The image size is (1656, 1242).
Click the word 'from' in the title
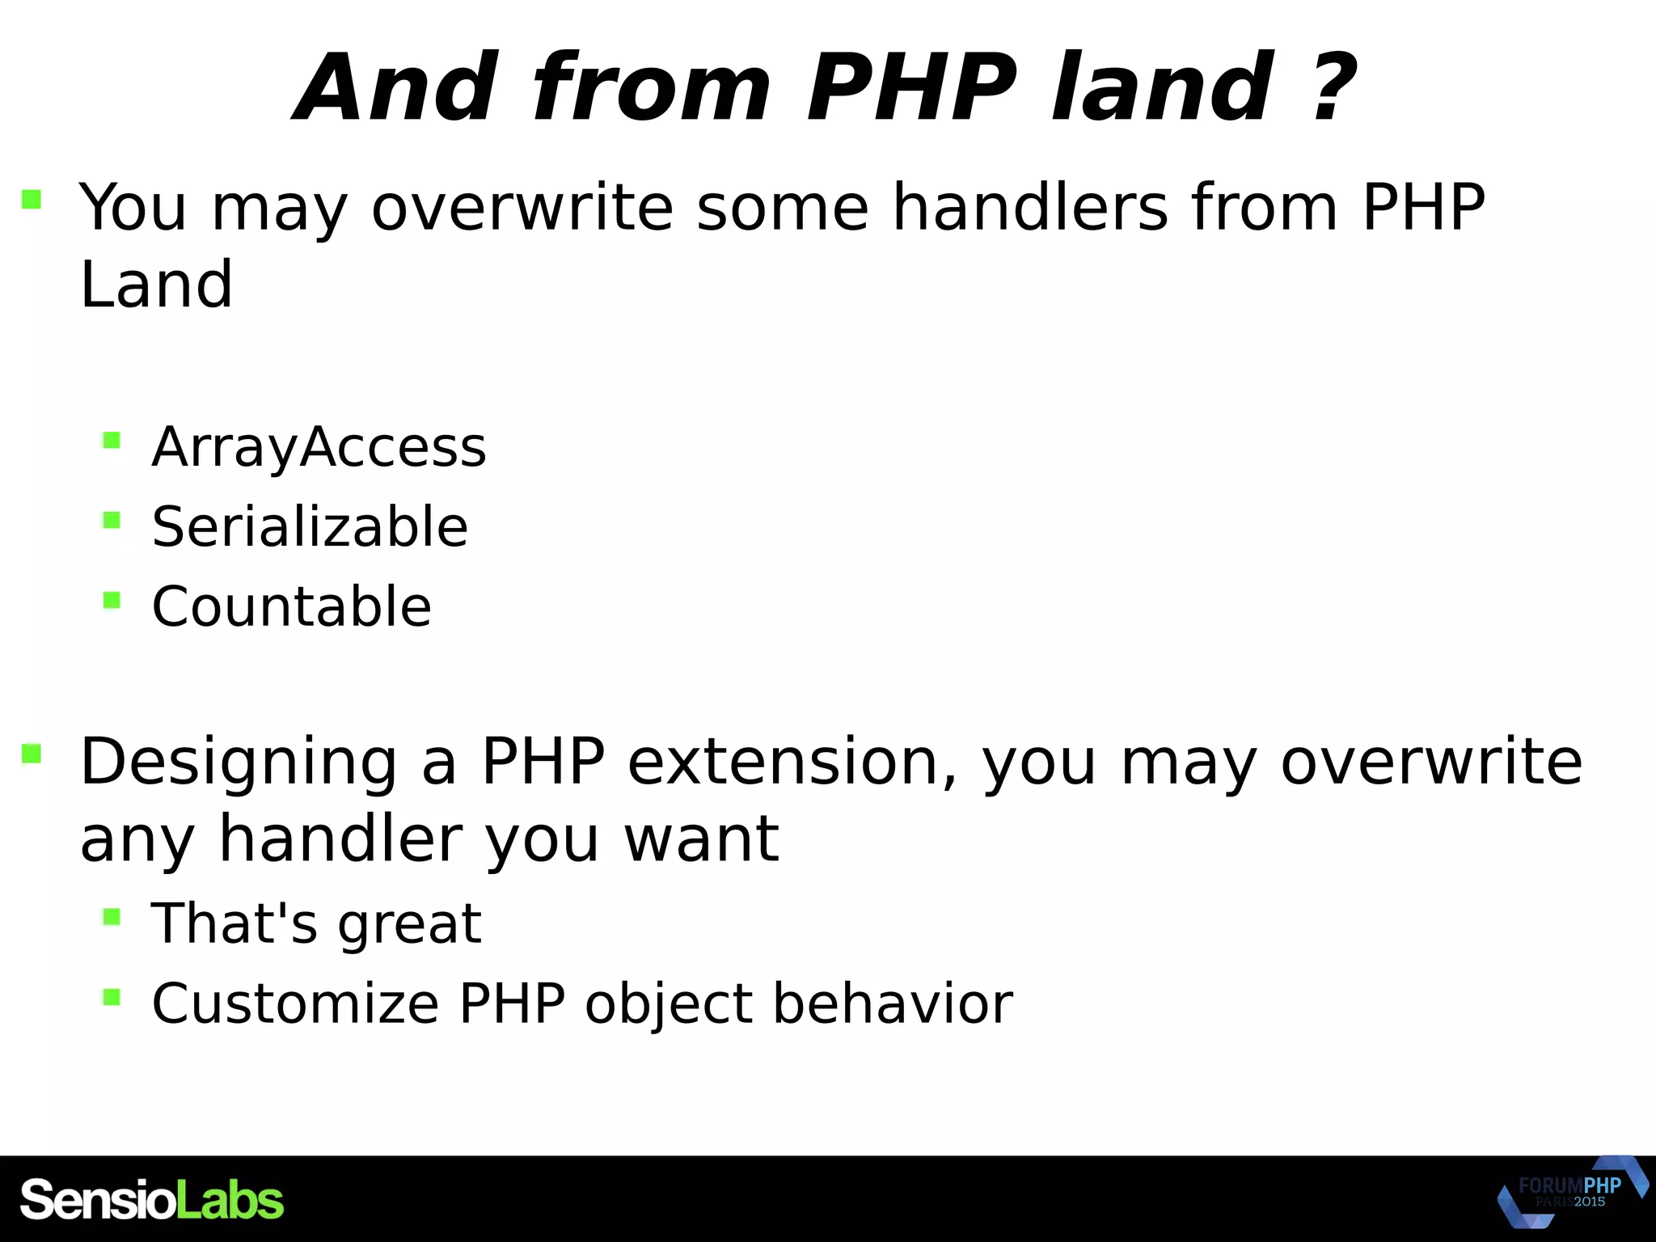point(651,87)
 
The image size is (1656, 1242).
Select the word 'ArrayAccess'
point(319,447)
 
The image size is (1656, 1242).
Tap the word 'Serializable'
point(310,527)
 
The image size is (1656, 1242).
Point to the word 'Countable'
point(292,606)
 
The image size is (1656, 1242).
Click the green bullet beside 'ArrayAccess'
point(112,441)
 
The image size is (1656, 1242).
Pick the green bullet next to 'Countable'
point(112,600)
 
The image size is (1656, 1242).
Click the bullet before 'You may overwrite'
point(32,199)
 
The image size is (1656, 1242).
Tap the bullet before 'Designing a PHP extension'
point(32,754)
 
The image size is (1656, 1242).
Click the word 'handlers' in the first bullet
point(1030,207)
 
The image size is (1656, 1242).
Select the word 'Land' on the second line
point(156,285)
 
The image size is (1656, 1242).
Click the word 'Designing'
point(239,763)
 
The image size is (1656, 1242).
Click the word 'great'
point(409,924)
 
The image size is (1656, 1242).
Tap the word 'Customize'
point(295,1003)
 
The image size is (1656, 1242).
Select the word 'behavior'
point(892,1003)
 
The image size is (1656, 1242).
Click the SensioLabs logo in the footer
point(152,1200)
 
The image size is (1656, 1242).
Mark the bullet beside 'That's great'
point(112,917)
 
